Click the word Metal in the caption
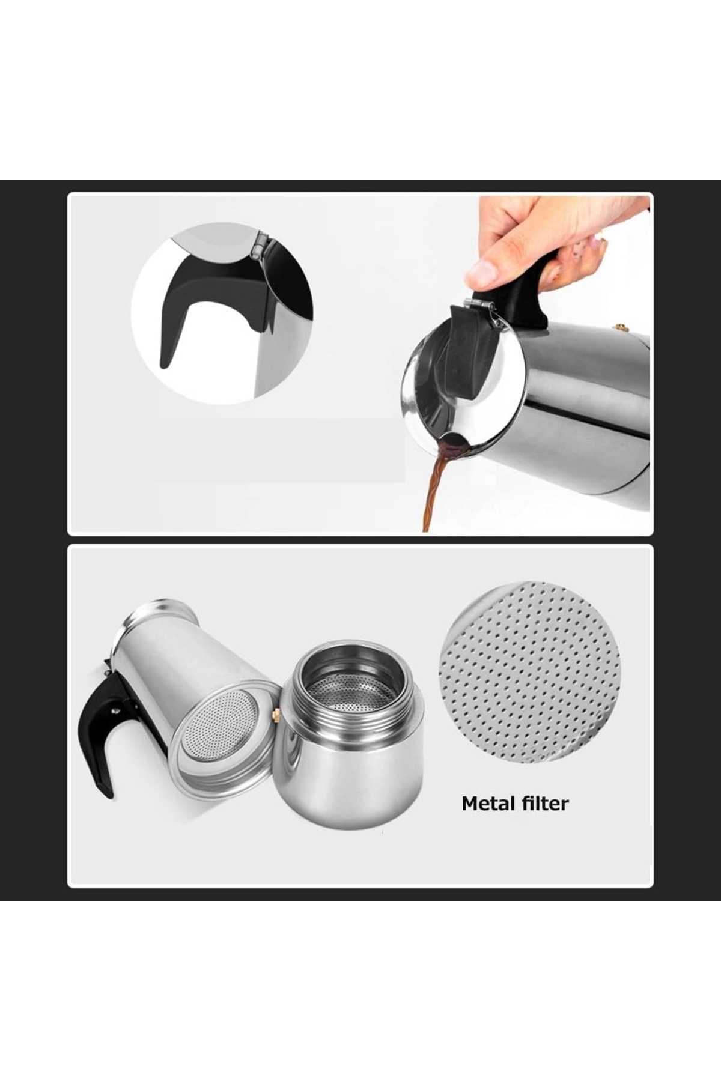pyautogui.click(x=488, y=803)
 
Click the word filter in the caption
pyautogui.click(x=544, y=803)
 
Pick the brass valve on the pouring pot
pyautogui.click(x=620, y=328)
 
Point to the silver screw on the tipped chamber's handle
pyautogui.click(x=114, y=712)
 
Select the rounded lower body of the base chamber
pyautogui.click(x=354, y=775)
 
